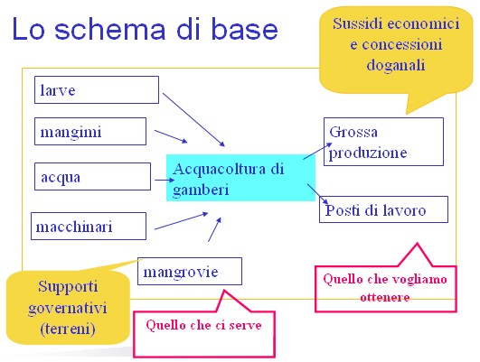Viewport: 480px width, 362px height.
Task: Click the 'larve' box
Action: click(97, 90)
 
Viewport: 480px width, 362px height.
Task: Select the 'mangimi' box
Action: click(90, 132)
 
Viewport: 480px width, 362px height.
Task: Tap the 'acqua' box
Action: click(92, 176)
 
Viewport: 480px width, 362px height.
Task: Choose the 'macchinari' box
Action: click(89, 227)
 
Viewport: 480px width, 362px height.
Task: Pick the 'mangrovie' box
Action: click(190, 271)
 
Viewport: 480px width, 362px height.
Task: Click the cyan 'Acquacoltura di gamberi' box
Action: click(240, 178)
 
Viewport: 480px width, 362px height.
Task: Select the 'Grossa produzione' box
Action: click(383, 142)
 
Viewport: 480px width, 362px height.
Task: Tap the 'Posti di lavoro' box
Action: click(383, 209)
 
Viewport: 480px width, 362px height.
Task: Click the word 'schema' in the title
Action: click(110, 30)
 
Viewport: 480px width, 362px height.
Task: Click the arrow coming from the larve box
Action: click(193, 120)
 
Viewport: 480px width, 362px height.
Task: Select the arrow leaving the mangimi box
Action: click(171, 136)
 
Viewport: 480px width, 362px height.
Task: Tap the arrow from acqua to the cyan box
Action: click(165, 180)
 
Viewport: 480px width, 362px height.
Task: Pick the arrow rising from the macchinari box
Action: click(181, 221)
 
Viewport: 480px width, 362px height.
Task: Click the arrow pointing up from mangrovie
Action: click(214, 229)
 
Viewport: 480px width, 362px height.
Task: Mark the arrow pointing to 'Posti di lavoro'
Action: click(318, 194)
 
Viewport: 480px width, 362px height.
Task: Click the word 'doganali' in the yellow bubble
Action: click(396, 65)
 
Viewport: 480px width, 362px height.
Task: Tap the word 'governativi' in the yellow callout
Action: click(68, 308)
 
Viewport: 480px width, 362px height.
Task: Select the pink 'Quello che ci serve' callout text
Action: click(204, 325)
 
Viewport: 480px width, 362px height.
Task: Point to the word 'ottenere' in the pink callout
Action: click(385, 297)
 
